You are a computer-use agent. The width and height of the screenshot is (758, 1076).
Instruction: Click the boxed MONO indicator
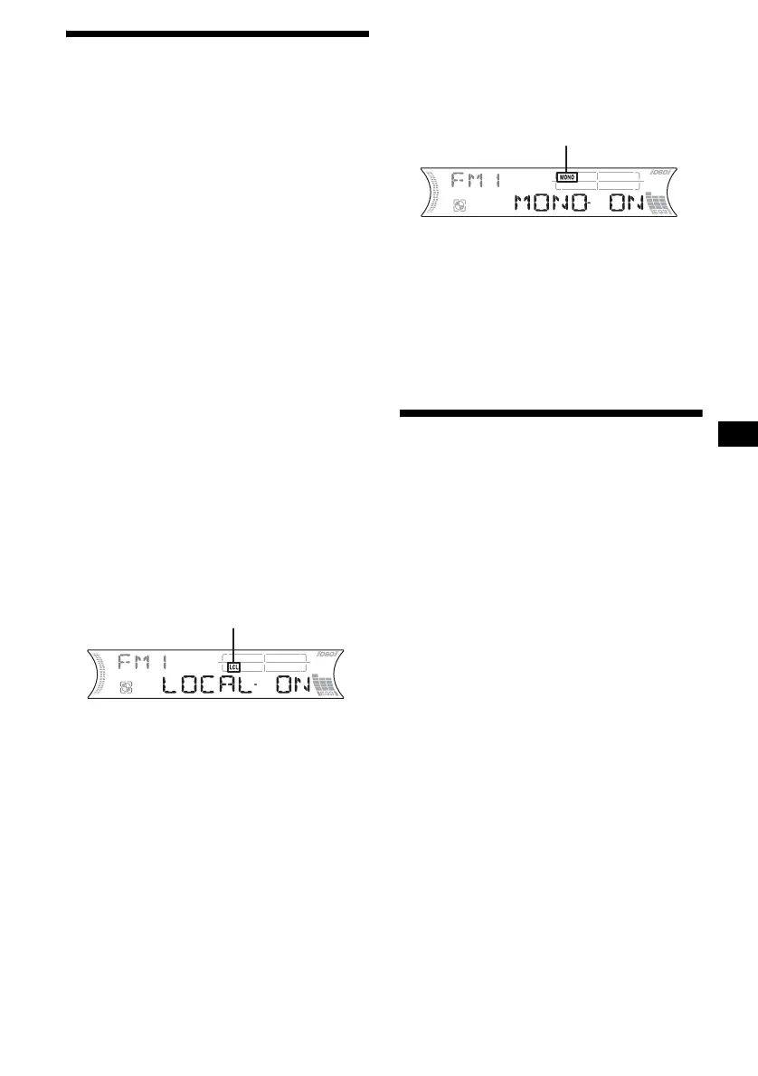[567, 176]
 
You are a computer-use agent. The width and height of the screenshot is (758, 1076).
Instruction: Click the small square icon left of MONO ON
[459, 206]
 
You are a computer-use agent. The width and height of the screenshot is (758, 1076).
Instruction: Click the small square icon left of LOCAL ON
[126, 688]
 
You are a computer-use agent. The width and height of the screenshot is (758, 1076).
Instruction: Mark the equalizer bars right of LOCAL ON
[326, 685]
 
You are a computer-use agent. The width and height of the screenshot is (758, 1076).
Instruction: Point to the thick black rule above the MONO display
[551, 414]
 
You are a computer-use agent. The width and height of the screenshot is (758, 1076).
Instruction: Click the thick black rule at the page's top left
[218, 34]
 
